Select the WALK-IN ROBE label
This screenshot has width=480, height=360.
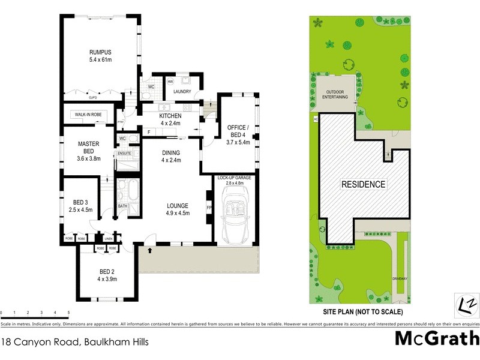(x=88, y=114)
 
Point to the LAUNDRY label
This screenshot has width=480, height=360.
(x=182, y=92)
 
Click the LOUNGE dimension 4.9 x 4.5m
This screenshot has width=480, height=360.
(x=178, y=213)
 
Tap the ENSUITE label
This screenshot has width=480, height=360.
(x=124, y=154)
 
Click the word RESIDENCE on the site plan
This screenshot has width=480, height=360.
(x=364, y=184)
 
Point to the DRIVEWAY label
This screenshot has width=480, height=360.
(x=401, y=279)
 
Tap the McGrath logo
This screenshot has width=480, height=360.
(x=436, y=338)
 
